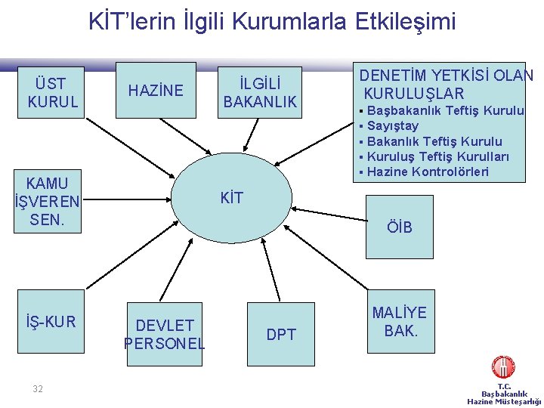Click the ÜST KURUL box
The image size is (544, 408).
(x=52, y=92)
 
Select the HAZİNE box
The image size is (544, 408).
(x=156, y=91)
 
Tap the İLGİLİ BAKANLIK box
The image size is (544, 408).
(x=259, y=91)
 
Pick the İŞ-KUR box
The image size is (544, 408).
(x=50, y=323)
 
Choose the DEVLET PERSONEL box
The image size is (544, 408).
(x=165, y=334)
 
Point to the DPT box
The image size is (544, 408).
(x=281, y=334)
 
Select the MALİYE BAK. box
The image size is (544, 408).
(x=400, y=322)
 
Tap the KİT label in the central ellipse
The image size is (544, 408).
(x=231, y=199)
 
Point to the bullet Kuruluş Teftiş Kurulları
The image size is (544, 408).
(x=437, y=156)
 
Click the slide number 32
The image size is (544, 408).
(x=38, y=389)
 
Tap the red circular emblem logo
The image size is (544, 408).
(x=503, y=367)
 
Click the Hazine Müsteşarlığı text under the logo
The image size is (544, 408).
(x=504, y=402)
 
